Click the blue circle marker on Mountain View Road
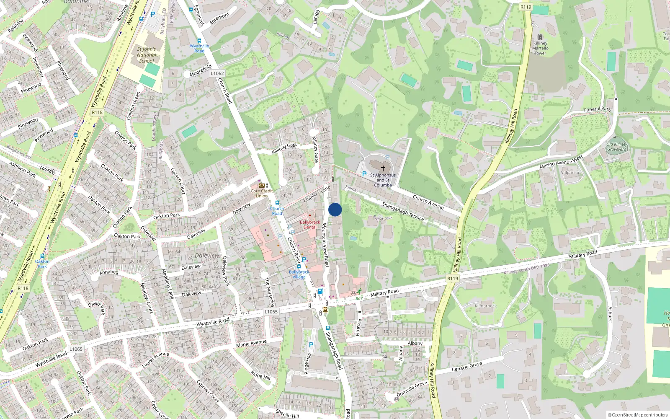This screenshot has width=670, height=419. pyautogui.click(x=335, y=209)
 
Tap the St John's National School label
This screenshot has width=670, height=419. pyautogui.click(x=147, y=55)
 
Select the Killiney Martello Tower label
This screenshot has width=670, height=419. pyautogui.click(x=540, y=48)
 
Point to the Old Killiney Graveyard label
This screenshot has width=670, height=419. pyautogui.click(x=617, y=147)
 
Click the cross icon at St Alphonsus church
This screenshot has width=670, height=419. pyautogui.click(x=383, y=168)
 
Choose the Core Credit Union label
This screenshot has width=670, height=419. pyautogui.click(x=262, y=193)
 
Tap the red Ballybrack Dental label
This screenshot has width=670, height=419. pyautogui.click(x=310, y=225)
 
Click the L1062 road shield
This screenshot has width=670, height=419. pyautogui.click(x=217, y=73)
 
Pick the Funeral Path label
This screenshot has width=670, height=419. pyautogui.click(x=598, y=109)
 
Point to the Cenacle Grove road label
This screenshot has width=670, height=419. pyautogui.click(x=467, y=367)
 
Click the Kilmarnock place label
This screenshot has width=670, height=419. pyautogui.click(x=486, y=306)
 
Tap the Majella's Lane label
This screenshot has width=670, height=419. pyautogui.click(x=317, y=194)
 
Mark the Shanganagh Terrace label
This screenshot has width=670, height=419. pyautogui.click(x=403, y=211)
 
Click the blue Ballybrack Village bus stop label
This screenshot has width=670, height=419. pyautogui.click(x=299, y=274)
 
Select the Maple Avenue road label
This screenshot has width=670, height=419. pyautogui.click(x=251, y=344)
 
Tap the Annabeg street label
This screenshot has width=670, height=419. pyautogui.click(x=109, y=272)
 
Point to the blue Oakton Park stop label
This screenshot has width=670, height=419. pyautogui.click(x=42, y=264)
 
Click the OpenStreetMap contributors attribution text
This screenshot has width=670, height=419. pyautogui.click(x=637, y=415)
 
